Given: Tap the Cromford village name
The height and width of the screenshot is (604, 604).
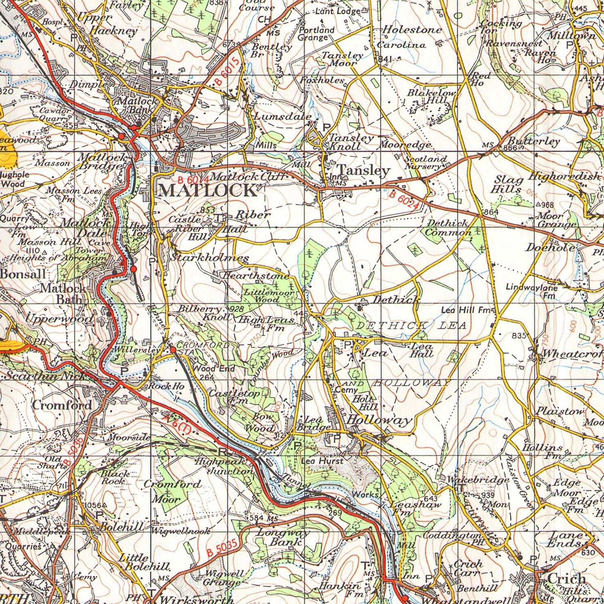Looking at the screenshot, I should (x=62, y=405).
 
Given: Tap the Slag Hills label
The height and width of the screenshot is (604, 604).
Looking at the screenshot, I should (x=507, y=185).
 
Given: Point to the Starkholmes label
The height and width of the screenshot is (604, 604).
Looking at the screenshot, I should (x=210, y=258).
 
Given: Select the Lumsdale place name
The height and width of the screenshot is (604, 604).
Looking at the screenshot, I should (x=283, y=116).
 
